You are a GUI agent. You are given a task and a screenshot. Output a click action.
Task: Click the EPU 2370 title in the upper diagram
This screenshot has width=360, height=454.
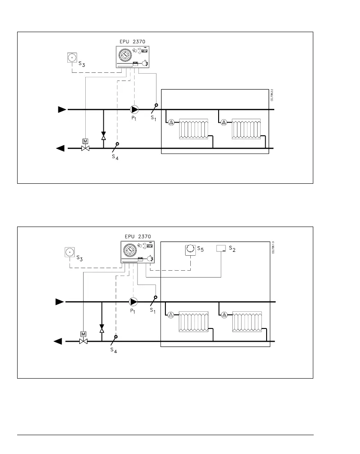(x=132, y=41)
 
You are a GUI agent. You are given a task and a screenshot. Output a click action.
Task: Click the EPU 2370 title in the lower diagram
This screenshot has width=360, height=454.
(x=138, y=236)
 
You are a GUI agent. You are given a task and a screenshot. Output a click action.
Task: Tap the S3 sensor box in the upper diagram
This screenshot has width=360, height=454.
(x=72, y=57)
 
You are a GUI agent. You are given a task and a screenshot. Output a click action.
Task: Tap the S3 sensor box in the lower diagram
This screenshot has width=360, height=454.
(x=69, y=252)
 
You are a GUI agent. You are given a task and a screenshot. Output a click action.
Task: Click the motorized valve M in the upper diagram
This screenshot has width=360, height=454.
(x=85, y=146)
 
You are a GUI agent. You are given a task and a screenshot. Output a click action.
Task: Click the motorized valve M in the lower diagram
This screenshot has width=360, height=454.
(x=83, y=339)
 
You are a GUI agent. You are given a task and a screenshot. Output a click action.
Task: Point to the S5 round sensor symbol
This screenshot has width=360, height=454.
(x=190, y=250)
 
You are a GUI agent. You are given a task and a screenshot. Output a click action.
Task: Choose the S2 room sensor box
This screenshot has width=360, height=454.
(x=221, y=249)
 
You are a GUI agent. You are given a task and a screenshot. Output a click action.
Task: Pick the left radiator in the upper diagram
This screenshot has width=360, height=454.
(x=193, y=128)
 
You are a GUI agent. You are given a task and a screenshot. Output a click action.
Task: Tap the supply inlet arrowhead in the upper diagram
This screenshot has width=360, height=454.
(x=62, y=109)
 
